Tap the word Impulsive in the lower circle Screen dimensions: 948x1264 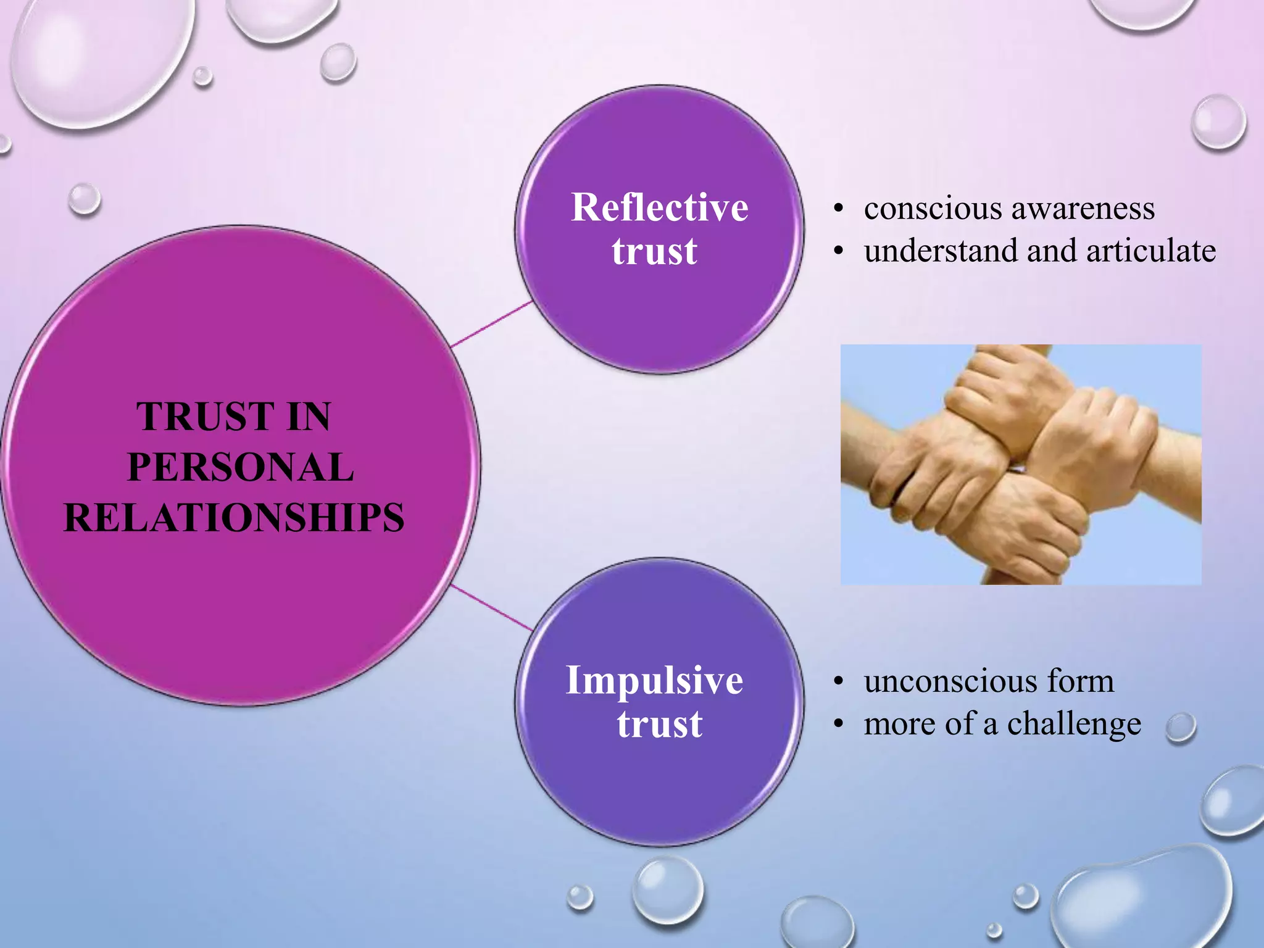(654, 680)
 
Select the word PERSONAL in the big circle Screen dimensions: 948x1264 (240, 467)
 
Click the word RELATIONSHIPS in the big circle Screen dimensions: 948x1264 (234, 517)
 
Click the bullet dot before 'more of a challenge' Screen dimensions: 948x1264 (838, 724)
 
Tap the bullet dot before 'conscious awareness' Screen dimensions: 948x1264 (838, 209)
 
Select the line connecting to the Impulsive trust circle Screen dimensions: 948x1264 (492, 608)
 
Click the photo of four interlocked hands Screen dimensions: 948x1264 (1021, 464)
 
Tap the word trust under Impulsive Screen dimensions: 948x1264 (659, 723)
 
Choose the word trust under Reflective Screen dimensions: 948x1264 (654, 251)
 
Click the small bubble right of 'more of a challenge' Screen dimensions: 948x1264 (1181, 728)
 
